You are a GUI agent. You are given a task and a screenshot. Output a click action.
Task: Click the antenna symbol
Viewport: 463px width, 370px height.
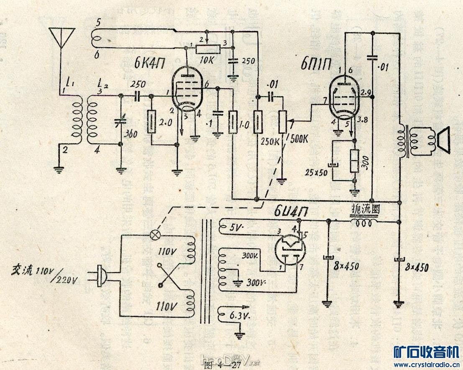coord(62,37)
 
